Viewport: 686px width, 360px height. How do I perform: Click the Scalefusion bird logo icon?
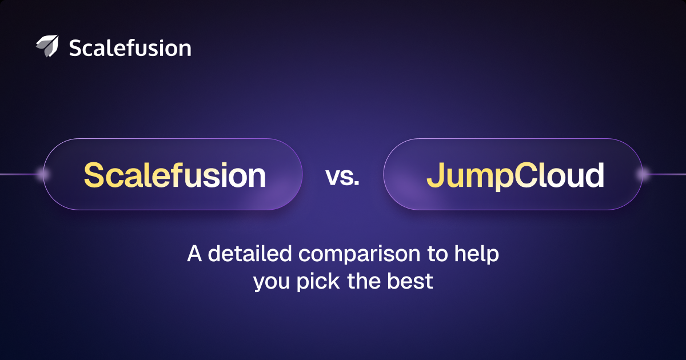pos(47,46)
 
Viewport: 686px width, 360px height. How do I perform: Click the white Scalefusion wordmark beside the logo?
pos(130,48)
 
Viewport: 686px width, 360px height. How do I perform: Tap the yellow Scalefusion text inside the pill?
pos(174,175)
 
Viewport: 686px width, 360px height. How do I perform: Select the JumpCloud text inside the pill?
pos(516,177)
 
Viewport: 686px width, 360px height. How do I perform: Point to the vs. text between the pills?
pos(342,177)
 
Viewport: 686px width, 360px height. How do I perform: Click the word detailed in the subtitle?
pos(250,254)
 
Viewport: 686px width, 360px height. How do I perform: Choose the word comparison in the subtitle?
pos(360,255)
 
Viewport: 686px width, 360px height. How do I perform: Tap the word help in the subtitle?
pos(477,254)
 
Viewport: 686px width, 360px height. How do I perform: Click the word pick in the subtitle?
pos(318,282)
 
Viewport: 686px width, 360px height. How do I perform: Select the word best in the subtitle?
pos(410,281)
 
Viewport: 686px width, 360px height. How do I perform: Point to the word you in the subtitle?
pos(272,283)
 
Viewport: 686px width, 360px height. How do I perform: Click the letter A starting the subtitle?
pos(194,254)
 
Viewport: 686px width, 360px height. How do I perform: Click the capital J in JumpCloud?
pos(436,175)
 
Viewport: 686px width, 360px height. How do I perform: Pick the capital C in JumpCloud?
pos(526,175)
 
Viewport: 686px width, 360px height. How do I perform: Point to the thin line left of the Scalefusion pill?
pos(19,174)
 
